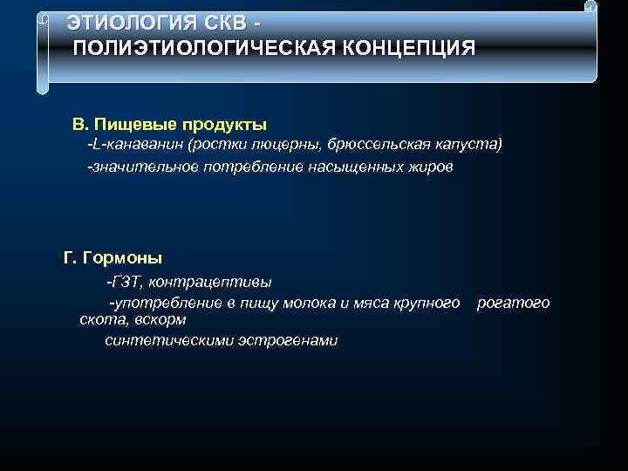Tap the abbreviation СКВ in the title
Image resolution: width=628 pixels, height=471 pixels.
pyautogui.click(x=223, y=21)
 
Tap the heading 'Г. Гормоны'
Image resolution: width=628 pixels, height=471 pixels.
pyautogui.click(x=113, y=258)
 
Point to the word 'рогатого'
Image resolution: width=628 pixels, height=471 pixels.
pyautogui.click(x=513, y=304)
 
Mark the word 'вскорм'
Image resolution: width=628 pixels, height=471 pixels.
pyautogui.click(x=160, y=320)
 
